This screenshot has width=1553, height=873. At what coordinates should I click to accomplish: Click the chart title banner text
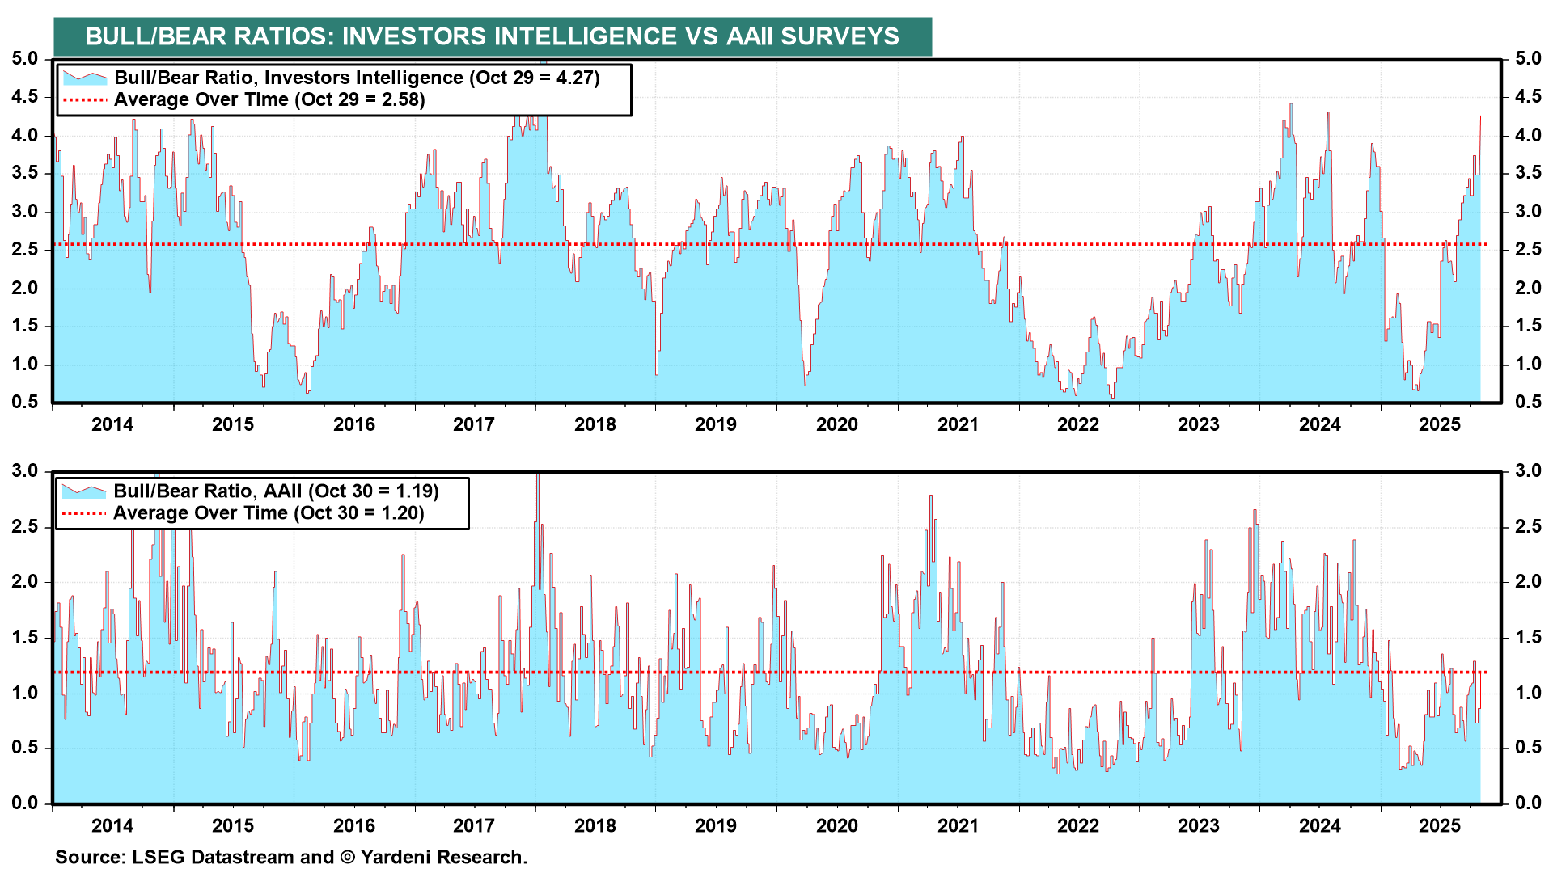point(492,36)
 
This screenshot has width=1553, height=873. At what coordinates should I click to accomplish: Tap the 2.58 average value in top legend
point(402,99)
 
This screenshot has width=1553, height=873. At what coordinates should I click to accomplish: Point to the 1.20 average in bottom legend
point(401,512)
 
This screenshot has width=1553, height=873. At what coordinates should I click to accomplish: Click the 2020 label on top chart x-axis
point(836,424)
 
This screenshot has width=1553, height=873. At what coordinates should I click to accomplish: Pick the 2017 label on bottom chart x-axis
point(473,825)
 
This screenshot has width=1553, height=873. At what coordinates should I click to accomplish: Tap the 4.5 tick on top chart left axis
point(24,96)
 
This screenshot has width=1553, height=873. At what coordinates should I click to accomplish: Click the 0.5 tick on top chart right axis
point(1528,402)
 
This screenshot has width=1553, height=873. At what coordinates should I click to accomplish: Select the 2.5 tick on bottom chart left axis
point(24,526)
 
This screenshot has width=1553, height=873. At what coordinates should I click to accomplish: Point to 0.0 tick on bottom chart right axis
point(1528,803)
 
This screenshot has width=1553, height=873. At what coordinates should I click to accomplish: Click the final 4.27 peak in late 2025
point(1480,117)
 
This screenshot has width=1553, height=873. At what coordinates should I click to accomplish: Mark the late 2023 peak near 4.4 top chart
point(1291,104)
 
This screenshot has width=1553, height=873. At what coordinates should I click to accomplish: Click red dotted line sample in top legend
point(84,100)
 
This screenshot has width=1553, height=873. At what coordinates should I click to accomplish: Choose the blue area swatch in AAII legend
point(84,491)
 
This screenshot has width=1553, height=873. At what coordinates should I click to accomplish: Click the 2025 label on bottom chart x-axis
point(1440,825)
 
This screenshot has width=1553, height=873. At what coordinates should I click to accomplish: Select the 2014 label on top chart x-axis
point(112,424)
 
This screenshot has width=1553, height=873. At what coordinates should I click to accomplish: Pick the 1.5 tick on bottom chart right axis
point(1528,637)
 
